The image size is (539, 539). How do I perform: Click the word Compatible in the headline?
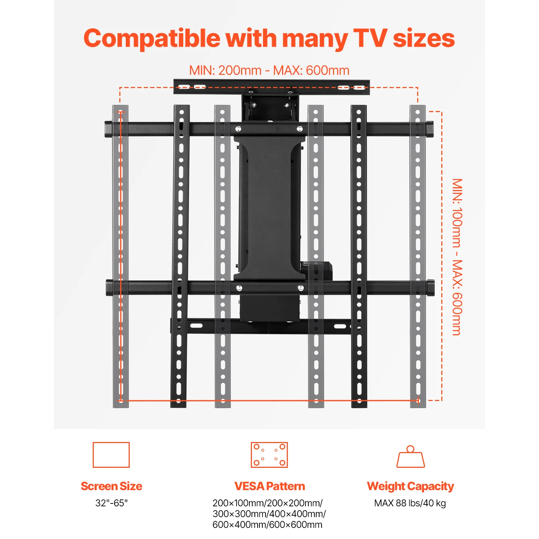point(152,39)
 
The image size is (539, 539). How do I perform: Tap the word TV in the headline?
point(370,38)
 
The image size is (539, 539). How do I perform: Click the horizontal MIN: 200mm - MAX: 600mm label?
point(269,70)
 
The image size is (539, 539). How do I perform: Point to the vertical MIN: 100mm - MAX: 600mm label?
point(457,257)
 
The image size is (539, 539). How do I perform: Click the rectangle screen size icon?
point(111,455)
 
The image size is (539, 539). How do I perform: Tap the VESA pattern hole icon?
point(269,455)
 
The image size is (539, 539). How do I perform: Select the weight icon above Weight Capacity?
point(410,457)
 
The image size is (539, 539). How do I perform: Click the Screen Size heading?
point(111,486)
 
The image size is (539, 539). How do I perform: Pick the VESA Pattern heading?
point(269,486)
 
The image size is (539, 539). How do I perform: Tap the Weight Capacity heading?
point(410,486)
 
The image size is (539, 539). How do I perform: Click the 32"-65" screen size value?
point(111,503)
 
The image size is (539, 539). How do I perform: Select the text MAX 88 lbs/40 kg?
point(410,503)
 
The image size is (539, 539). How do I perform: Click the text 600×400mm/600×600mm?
point(267,525)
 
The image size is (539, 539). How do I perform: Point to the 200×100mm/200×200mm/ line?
point(267,503)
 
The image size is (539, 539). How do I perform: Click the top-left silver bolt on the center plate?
point(238,129)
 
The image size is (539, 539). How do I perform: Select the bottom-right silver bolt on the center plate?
point(301,288)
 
